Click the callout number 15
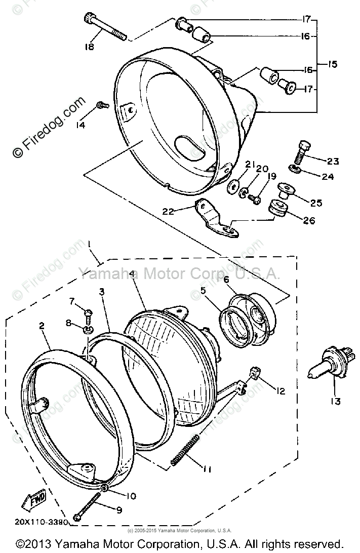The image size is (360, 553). [x=333, y=65]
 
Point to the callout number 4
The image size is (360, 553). [x=132, y=274]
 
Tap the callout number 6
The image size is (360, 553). [x=226, y=279]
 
